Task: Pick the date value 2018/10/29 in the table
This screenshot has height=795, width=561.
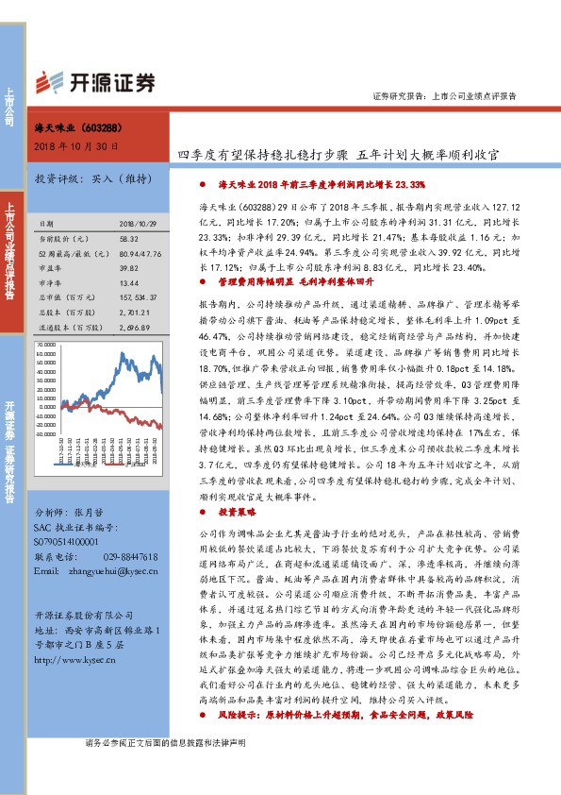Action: click(x=138, y=223)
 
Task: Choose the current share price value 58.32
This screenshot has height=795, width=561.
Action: click(x=130, y=240)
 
